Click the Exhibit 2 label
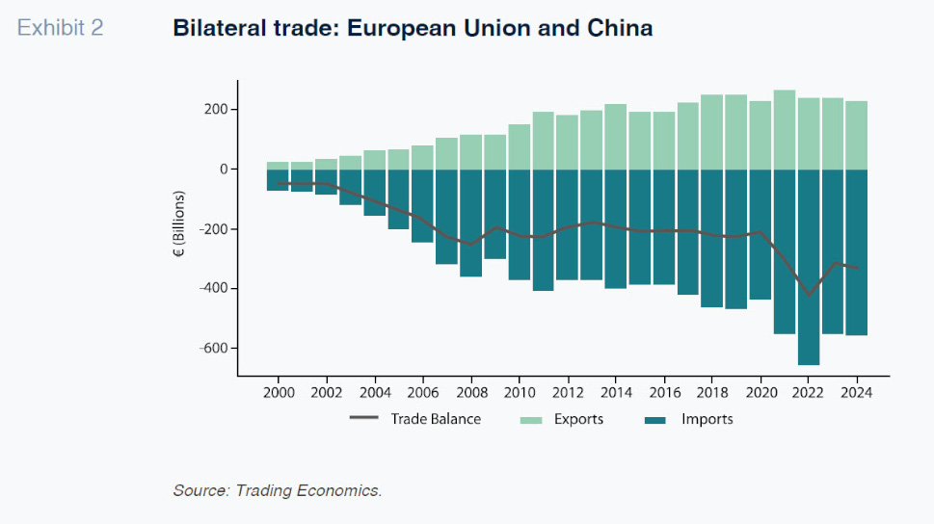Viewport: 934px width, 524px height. [60, 28]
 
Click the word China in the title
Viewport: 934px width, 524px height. [620, 28]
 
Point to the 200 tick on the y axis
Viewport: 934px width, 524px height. [215, 110]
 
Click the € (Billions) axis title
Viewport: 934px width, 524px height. [179, 228]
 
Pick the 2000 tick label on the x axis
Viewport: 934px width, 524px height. [279, 393]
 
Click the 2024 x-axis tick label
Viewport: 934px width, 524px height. [856, 393]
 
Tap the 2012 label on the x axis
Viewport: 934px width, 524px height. [568, 393]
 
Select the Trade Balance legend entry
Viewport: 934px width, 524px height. [436, 419]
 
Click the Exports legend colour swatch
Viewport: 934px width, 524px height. [531, 420]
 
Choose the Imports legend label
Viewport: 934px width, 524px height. [707, 419]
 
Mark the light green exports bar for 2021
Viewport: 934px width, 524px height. [785, 130]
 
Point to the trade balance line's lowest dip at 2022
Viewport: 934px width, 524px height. [809, 295]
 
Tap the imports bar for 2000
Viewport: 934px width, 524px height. [279, 180]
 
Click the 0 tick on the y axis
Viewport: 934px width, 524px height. [225, 170]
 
